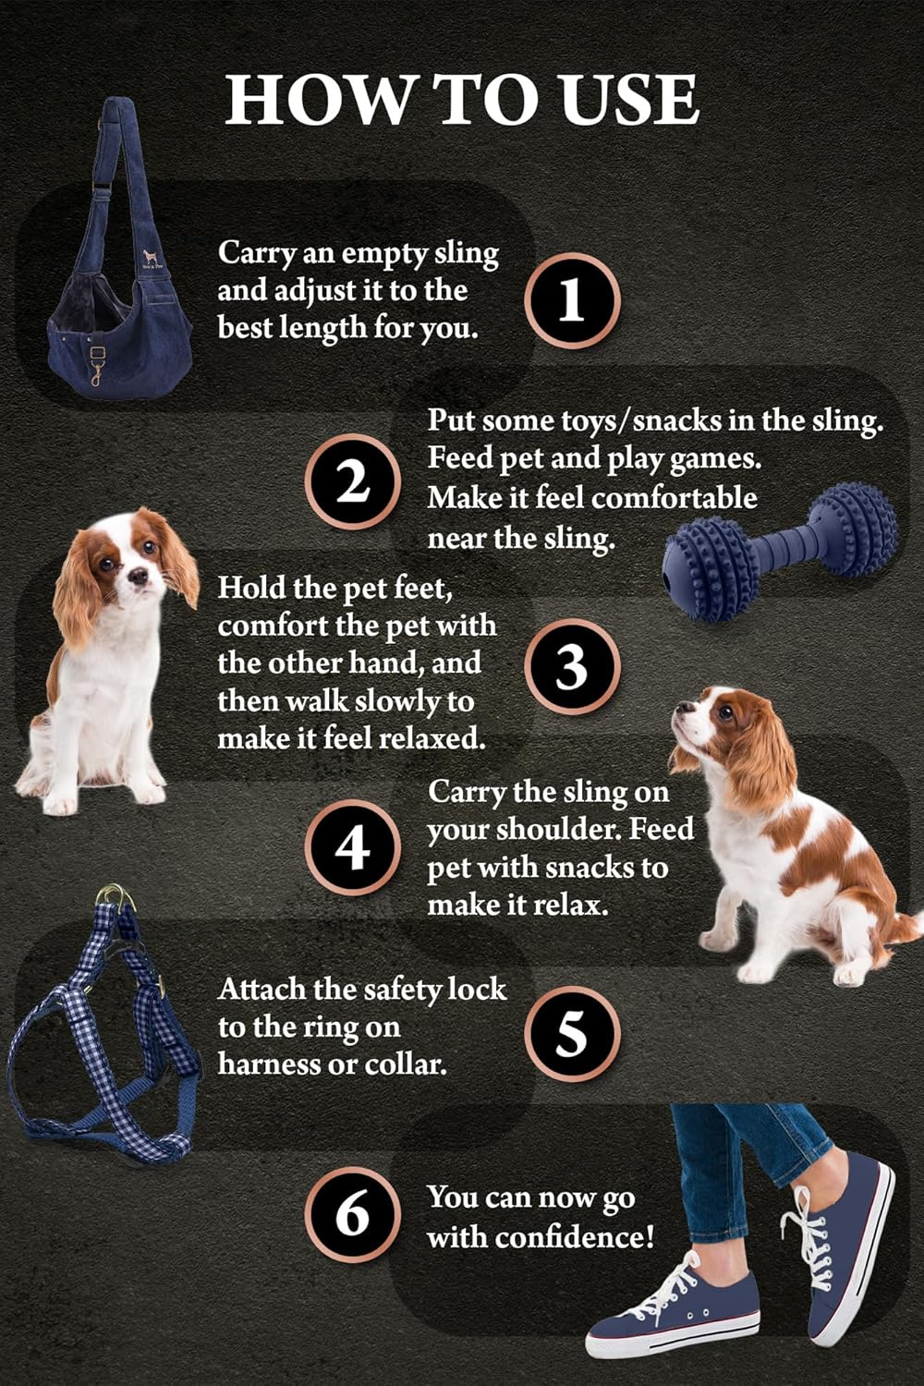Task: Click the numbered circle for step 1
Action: coord(572,300)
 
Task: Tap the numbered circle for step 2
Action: coord(352,481)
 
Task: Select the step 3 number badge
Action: coord(572,666)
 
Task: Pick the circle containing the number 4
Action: coord(352,846)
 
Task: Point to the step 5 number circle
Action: coord(572,1033)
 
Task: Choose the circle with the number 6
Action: coord(352,1213)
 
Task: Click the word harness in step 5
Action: coord(269,1064)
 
